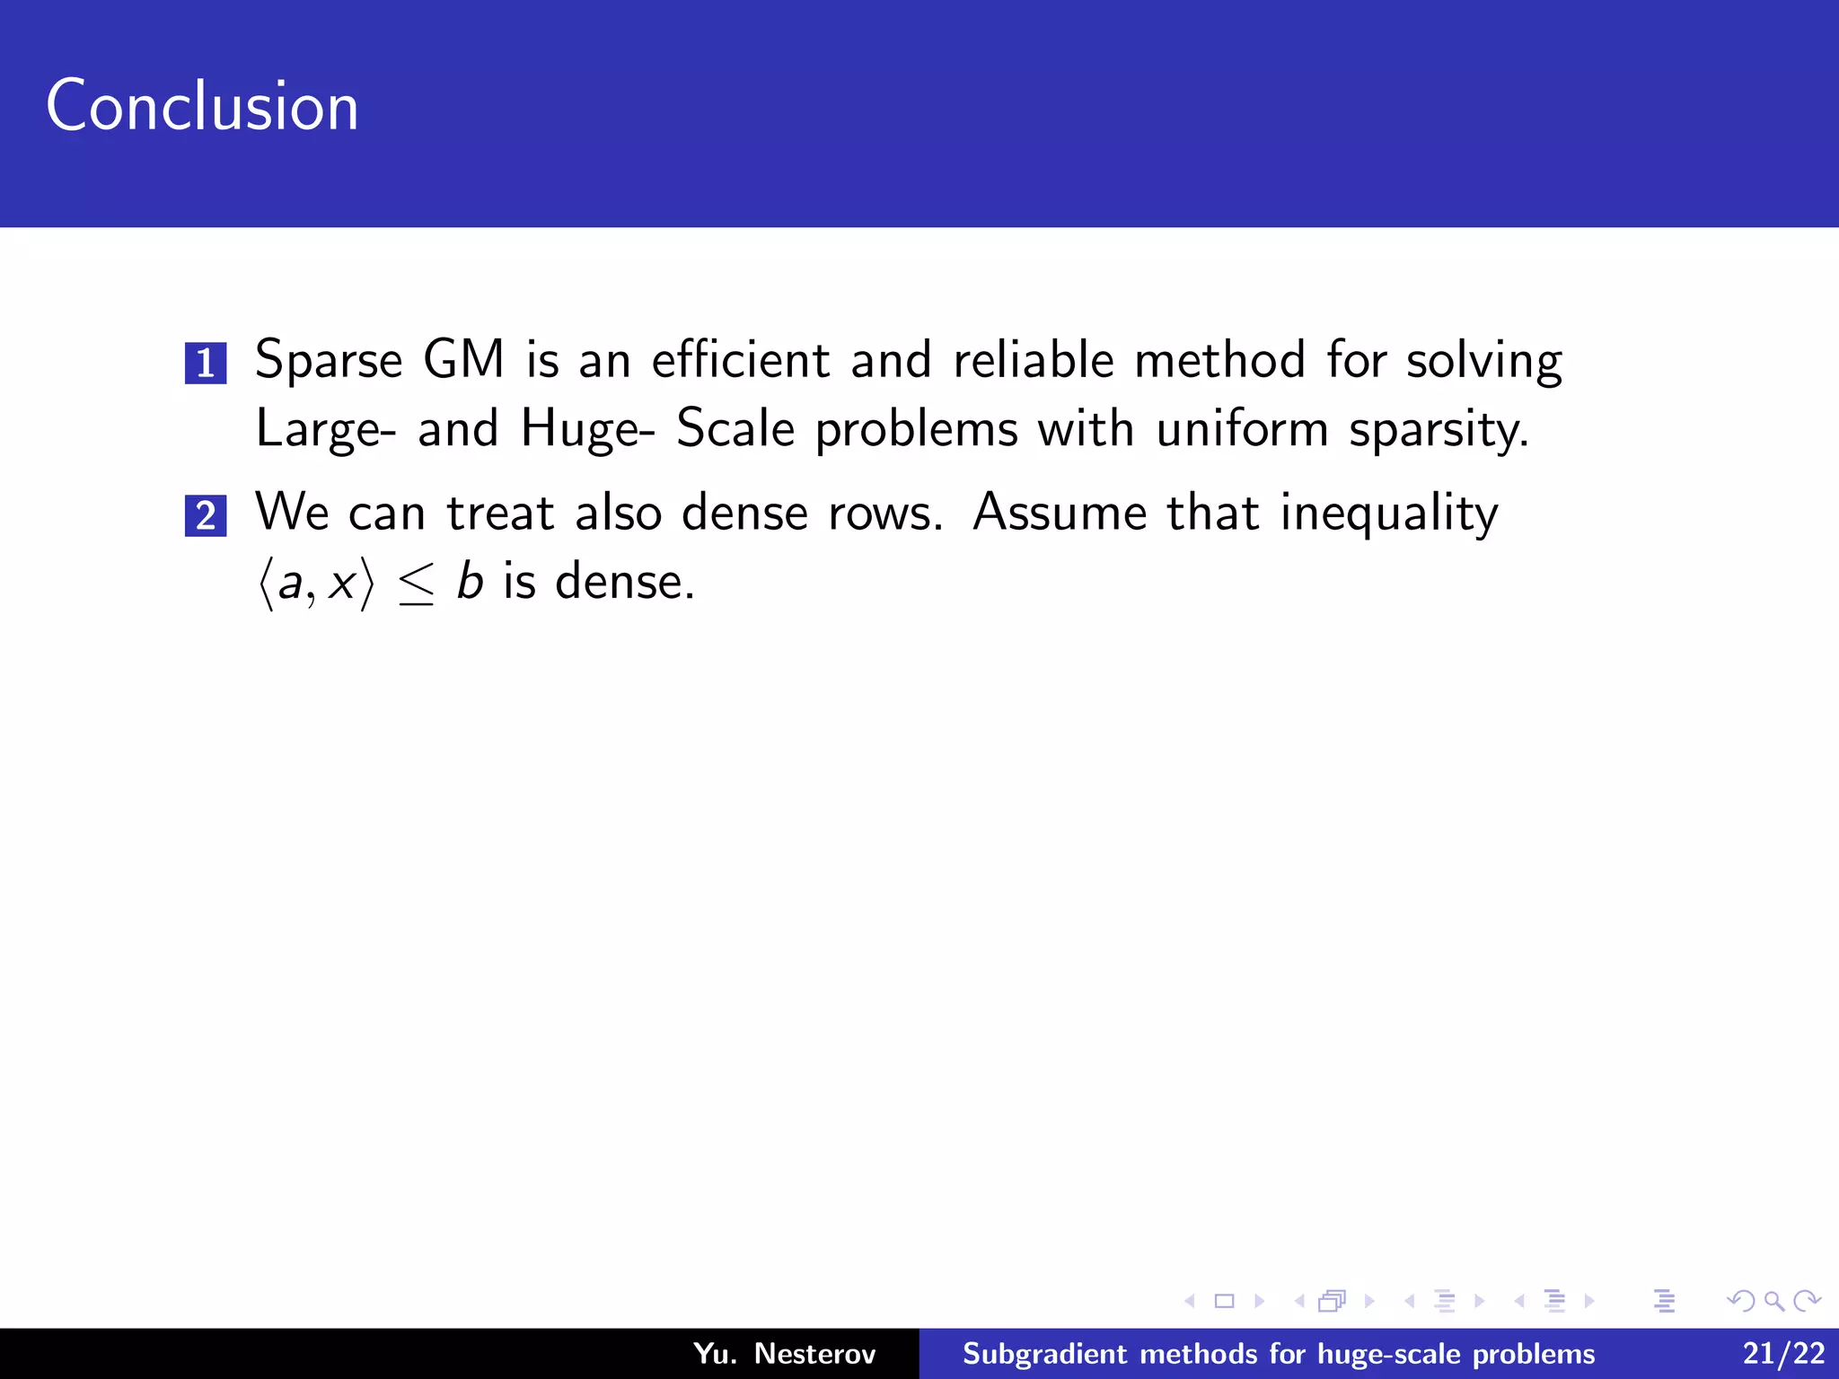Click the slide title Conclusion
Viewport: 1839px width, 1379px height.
tap(202, 106)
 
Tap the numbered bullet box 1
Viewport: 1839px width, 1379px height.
tap(206, 364)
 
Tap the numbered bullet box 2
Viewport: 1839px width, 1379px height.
tap(206, 516)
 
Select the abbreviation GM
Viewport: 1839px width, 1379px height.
tap(463, 359)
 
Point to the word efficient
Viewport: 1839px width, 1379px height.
tap(740, 359)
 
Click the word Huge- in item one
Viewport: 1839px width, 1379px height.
tap(587, 429)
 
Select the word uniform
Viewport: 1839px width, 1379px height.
tap(1241, 428)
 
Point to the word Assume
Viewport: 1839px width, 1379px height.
tap(1060, 513)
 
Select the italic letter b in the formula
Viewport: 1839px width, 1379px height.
tap(470, 581)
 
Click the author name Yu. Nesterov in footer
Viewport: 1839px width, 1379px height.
tap(784, 1353)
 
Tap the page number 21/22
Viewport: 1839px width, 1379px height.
tap(1783, 1353)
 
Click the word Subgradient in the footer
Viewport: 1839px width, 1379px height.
tap(1043, 1354)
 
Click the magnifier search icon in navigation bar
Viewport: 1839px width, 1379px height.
tap(1773, 1301)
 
